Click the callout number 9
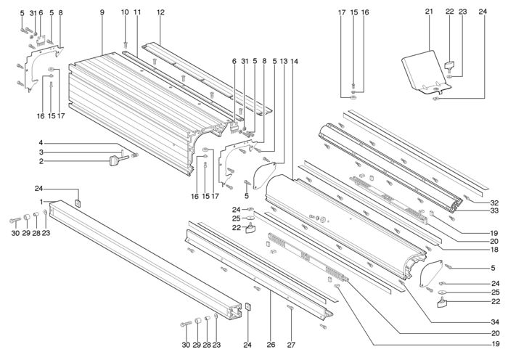point(102,12)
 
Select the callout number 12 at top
point(160,12)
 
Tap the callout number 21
point(429,12)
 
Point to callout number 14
point(294,61)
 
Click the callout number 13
point(284,61)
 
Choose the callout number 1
point(41,202)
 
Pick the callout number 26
point(271,345)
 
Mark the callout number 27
point(291,345)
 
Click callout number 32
point(494,203)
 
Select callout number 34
point(494,322)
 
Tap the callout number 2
point(41,161)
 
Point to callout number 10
point(125,12)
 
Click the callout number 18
point(494,250)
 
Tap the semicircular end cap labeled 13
point(263,174)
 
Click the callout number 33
point(494,211)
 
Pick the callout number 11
point(137,12)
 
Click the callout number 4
point(41,142)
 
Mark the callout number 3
point(41,152)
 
